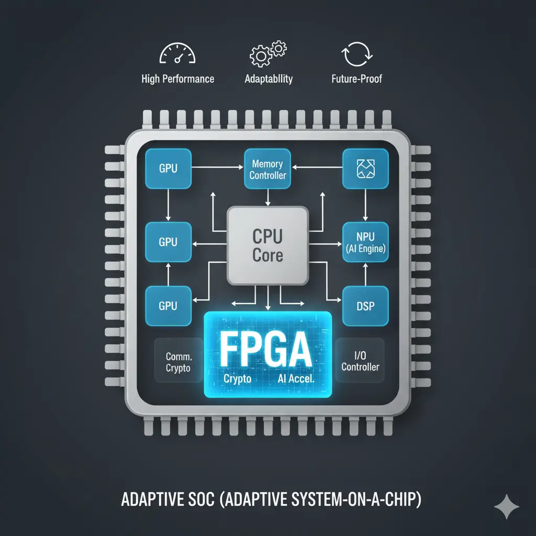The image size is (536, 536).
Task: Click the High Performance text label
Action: pos(177,79)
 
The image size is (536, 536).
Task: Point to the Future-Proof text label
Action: pos(356,79)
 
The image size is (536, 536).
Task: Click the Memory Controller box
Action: pos(267,169)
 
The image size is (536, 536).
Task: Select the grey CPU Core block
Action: pos(267,245)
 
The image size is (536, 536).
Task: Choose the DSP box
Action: pos(365,306)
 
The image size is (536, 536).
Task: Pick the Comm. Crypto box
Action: pos(178,362)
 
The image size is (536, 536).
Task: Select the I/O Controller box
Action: pos(360,361)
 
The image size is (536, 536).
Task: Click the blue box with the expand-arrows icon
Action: pos(365,169)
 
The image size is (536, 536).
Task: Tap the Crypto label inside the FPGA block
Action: pos(237,379)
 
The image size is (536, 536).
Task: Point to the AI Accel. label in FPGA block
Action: pos(295,379)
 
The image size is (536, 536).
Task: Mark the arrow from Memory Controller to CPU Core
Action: pos(268,197)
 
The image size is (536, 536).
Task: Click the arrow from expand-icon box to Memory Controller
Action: pos(317,168)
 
